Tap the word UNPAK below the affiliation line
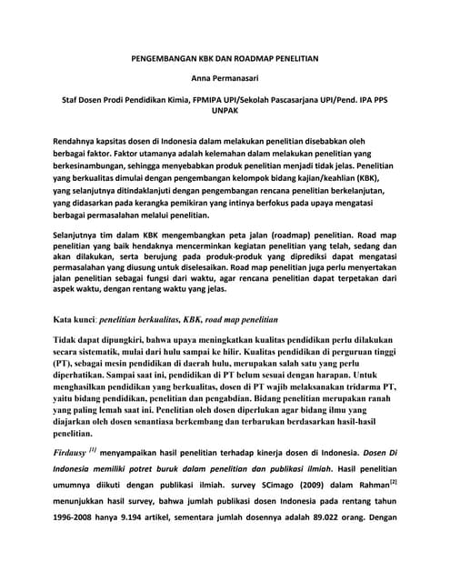225,117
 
